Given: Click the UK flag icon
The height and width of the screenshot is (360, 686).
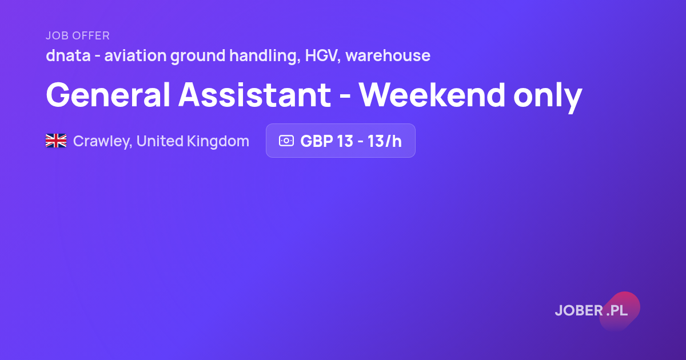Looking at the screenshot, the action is [56, 141].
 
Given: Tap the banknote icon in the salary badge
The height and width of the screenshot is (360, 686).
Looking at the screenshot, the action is [286, 141].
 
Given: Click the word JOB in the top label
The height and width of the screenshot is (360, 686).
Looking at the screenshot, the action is [57, 35].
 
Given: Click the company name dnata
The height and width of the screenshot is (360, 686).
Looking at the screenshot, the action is [68, 55].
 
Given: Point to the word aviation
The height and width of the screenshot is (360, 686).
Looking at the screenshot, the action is [135, 55].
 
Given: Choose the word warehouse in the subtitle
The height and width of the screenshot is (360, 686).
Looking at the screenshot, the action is [388, 55].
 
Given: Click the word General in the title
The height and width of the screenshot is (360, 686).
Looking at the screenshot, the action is [108, 95].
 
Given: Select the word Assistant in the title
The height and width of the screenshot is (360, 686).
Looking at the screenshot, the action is [255, 95].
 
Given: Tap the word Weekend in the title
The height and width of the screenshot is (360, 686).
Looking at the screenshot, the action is [432, 95].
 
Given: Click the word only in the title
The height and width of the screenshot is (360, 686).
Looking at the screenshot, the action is [548, 97].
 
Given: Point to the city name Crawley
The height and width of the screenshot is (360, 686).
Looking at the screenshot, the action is [102, 142].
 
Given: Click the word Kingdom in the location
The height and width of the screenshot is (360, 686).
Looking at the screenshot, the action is [218, 142].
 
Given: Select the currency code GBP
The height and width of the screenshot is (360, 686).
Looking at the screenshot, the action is [316, 141].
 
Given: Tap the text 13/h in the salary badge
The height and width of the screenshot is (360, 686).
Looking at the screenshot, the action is [384, 141].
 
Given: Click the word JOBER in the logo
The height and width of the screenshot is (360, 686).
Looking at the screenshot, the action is [579, 310].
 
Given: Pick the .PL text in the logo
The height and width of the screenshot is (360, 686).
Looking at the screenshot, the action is [617, 310].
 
